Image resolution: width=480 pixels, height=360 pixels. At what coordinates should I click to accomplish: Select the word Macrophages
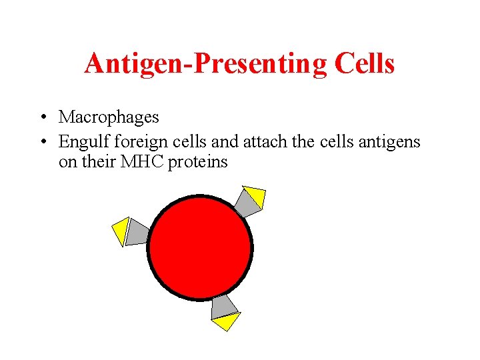(x=109, y=118)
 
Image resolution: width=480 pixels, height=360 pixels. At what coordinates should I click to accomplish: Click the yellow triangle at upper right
(x=255, y=195)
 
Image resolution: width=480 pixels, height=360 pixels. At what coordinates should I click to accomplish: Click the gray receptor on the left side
(x=137, y=232)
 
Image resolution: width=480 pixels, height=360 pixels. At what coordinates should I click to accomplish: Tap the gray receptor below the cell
(x=223, y=307)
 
